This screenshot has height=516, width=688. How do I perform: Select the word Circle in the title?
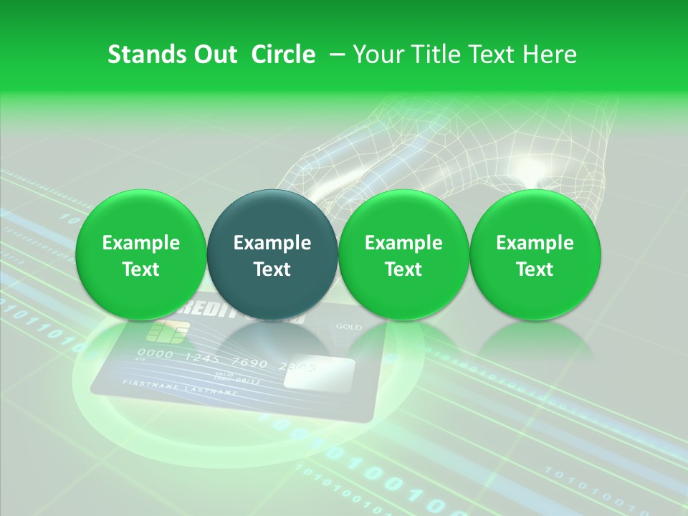tap(283, 54)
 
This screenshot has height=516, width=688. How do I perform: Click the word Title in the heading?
tap(431, 54)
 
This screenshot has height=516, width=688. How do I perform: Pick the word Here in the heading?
tap(550, 54)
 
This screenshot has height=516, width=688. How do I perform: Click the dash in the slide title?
tap(334, 54)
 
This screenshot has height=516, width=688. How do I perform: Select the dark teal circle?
tap(272, 254)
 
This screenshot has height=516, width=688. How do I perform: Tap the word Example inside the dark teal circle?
tap(272, 243)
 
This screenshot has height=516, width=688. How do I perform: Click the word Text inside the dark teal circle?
tap(272, 269)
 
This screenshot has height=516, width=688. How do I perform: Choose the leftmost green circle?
tap(140, 254)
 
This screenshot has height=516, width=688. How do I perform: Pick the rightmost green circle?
tap(535, 254)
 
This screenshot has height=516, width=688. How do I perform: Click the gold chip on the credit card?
tap(168, 331)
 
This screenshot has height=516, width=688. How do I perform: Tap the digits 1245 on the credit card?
tap(203, 358)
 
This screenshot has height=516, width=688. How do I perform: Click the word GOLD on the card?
tap(349, 327)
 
